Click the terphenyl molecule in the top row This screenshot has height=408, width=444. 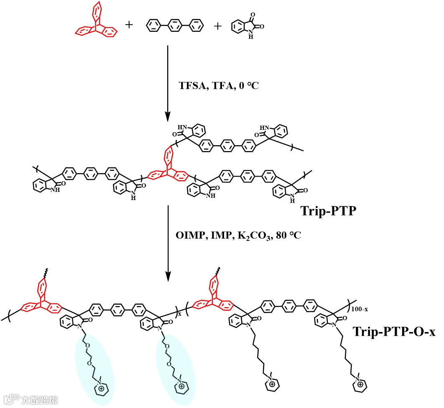pyautogui.click(x=174, y=26)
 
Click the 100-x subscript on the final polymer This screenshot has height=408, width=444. pyautogui.click(x=360, y=310)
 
